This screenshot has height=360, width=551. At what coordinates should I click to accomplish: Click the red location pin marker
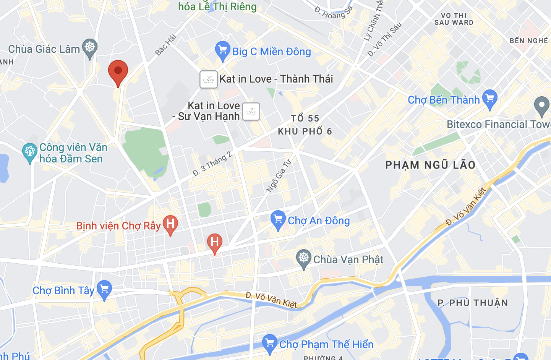[118, 71]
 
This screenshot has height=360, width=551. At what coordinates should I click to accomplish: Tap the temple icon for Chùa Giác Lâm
[90, 48]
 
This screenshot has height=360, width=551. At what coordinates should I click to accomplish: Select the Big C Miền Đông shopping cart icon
[222, 50]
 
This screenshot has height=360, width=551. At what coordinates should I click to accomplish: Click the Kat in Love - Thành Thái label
[276, 79]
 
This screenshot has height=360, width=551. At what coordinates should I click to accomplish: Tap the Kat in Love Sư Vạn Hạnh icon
[251, 112]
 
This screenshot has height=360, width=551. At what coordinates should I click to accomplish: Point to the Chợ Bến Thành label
[443, 100]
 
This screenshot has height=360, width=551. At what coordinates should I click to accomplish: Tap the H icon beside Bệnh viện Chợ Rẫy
[170, 224]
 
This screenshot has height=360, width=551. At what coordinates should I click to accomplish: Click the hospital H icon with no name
[215, 242]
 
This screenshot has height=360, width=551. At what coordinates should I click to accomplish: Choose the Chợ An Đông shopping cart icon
[278, 220]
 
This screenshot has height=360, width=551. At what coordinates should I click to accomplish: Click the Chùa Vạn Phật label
[348, 260]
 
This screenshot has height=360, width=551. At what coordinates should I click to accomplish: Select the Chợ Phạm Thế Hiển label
[326, 345]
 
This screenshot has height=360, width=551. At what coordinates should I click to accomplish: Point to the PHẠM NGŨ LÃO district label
[430, 165]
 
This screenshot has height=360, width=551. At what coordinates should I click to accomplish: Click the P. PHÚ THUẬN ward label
[473, 303]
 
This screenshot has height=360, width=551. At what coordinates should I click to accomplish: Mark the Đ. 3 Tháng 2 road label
[212, 164]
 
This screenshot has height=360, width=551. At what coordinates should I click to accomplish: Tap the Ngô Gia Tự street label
[279, 175]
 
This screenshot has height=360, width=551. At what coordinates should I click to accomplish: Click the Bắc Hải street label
[165, 45]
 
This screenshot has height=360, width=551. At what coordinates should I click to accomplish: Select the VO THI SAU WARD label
[454, 19]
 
